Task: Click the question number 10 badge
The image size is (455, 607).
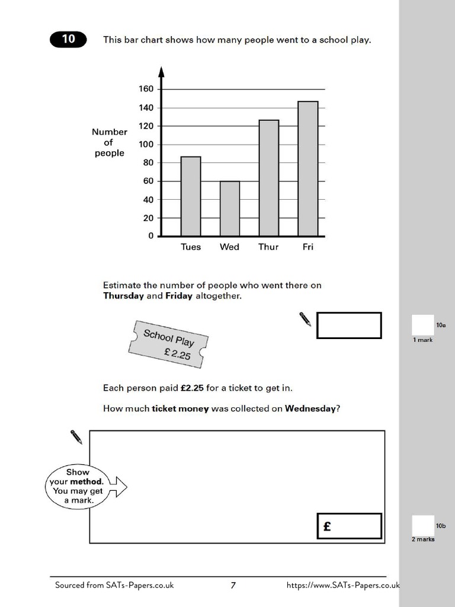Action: coord(68,39)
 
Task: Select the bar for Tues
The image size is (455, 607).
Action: coord(191,196)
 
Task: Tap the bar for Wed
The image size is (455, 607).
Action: coord(230,209)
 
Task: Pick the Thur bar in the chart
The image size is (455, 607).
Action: coord(268,178)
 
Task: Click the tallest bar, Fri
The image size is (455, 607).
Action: coord(307,169)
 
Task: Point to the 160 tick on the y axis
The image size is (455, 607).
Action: coord(146,89)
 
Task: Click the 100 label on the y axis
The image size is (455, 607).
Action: coord(146,145)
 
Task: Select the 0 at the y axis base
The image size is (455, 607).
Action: coord(150,236)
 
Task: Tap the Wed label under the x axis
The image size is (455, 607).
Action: coord(229,247)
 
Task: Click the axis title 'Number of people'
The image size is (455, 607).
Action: coord(110,143)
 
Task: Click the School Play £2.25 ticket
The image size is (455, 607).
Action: coord(168,346)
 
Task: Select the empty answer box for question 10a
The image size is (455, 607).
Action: coord(349,325)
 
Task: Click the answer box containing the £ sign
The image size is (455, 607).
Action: coord(349,526)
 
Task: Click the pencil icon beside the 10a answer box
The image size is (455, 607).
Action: coord(305,319)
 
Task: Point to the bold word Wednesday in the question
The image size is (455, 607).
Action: coord(310,408)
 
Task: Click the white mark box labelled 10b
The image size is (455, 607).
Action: coord(422,525)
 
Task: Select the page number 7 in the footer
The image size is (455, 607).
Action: coord(233,586)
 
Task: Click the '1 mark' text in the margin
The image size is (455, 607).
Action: coord(423,340)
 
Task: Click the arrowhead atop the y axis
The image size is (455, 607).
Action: coord(161,72)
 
